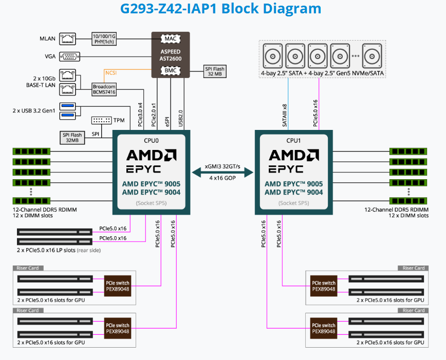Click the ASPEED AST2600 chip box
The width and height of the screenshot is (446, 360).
170,54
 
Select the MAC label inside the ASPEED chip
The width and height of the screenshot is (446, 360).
170,39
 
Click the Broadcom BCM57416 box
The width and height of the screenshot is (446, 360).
104,89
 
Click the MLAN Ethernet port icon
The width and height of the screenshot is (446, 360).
68,38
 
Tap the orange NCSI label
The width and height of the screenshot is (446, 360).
112,73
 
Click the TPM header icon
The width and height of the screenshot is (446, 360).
101,120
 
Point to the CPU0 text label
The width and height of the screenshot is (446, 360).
151,140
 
